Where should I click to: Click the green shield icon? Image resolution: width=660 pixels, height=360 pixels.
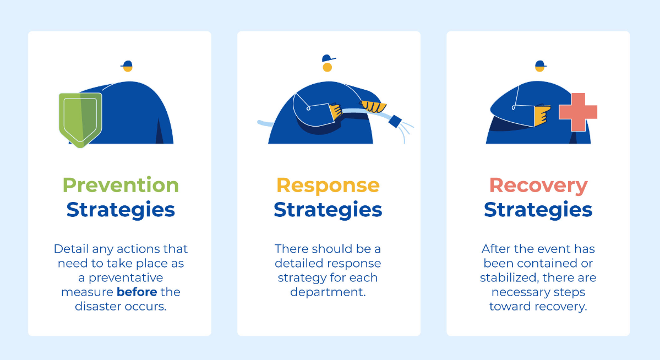point(80,120)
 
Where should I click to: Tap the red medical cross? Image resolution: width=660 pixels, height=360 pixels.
point(578,112)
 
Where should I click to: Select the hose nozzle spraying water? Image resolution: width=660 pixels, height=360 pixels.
point(395,121)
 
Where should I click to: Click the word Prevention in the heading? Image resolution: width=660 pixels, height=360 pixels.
point(121,186)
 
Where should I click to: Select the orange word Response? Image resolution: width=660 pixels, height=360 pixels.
point(328,186)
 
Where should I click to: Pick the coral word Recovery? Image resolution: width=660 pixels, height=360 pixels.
point(538,186)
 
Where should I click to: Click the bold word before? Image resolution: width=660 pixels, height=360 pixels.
point(137,292)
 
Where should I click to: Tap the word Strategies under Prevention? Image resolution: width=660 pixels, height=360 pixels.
point(121,210)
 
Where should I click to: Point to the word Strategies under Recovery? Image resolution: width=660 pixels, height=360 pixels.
point(538,210)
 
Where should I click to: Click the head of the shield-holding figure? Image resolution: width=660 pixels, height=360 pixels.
point(127,66)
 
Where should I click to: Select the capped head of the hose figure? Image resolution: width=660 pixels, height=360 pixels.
point(328,63)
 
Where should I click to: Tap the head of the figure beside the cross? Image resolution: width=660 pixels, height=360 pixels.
point(540,66)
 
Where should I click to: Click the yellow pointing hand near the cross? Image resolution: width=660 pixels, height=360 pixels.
point(542,116)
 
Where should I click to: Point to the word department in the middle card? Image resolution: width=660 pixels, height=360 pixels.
point(328,292)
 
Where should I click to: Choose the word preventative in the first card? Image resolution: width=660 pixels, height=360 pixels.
point(126,278)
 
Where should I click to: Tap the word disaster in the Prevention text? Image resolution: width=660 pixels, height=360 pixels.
point(99,306)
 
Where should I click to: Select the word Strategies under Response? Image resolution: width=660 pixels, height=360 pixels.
point(328,210)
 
